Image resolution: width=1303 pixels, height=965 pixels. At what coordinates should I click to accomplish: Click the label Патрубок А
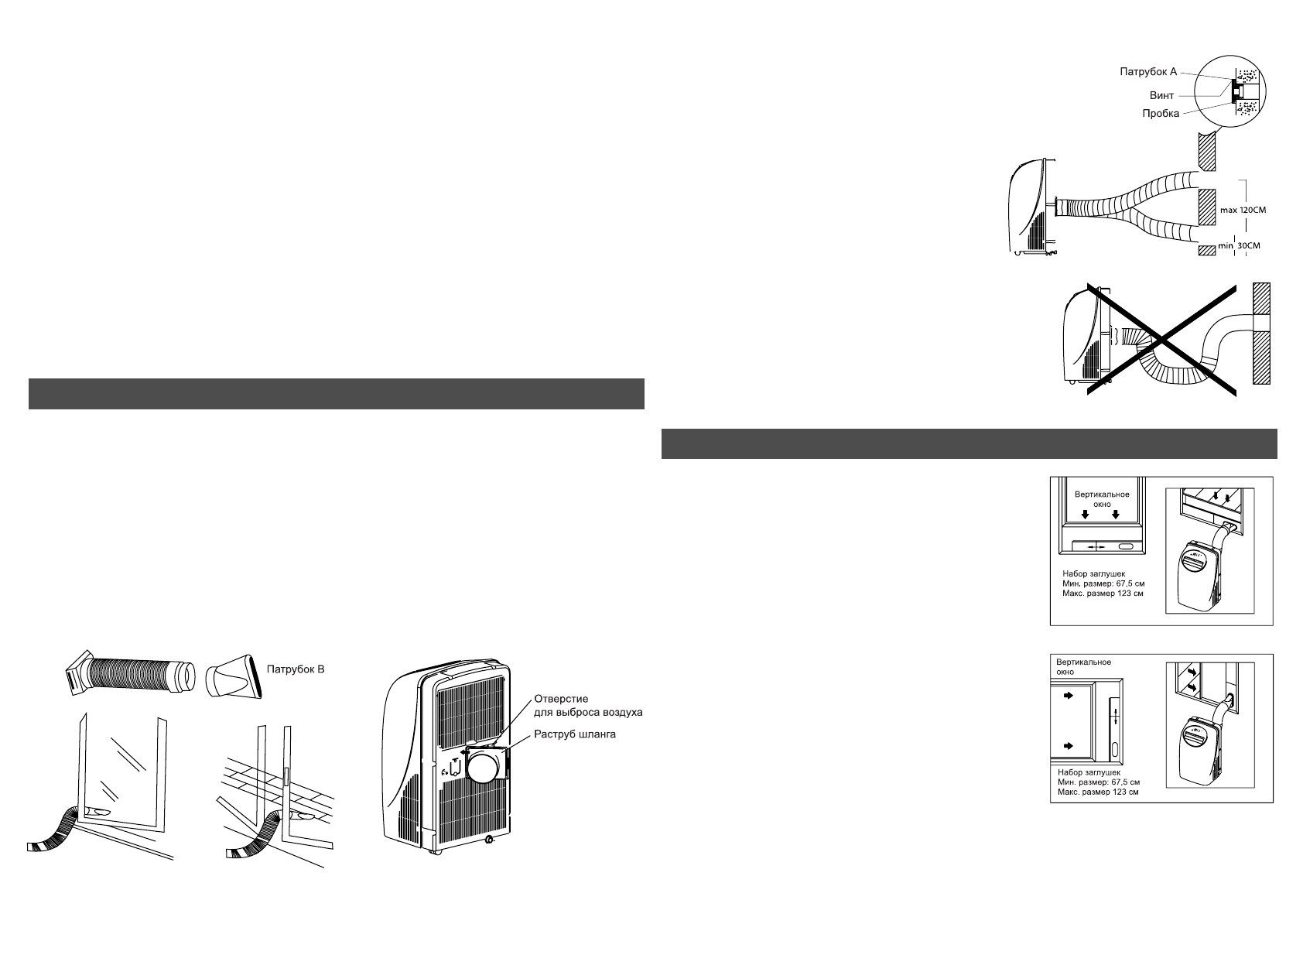pyautogui.click(x=1148, y=72)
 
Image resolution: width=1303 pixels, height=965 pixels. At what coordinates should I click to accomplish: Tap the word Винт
pyautogui.click(x=1161, y=96)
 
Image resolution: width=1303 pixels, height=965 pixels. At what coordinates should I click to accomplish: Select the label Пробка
pyautogui.click(x=1161, y=114)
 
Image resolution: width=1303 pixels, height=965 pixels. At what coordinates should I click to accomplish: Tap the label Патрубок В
pyautogui.click(x=295, y=669)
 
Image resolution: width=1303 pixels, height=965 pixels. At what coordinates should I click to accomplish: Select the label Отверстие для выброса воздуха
pyautogui.click(x=588, y=705)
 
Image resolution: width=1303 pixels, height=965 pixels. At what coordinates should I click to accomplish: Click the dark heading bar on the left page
pyautogui.click(x=337, y=393)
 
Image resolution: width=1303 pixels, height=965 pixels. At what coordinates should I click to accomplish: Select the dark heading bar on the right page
pyautogui.click(x=969, y=443)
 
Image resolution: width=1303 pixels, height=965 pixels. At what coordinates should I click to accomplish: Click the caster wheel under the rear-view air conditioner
pyautogui.click(x=487, y=840)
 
